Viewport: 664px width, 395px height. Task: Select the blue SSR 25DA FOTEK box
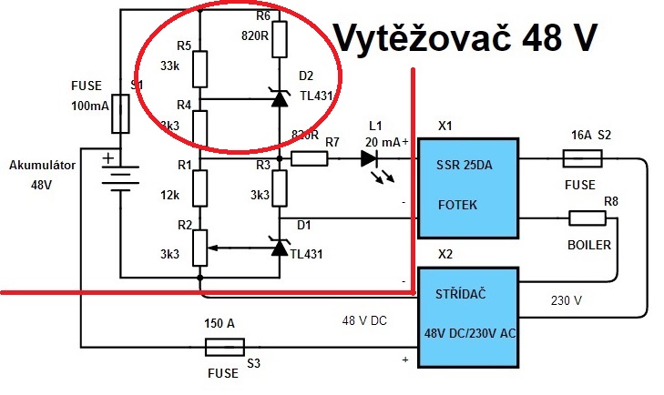pyautogui.click(x=468, y=187)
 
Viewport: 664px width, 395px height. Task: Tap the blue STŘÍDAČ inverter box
pyautogui.click(x=468, y=317)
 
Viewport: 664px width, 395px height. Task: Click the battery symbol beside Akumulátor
pyautogui.click(x=117, y=173)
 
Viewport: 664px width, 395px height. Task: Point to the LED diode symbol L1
pyautogui.click(x=370, y=157)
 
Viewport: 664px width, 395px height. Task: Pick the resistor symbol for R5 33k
pyautogui.click(x=199, y=66)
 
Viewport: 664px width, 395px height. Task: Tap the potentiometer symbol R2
pyautogui.click(x=199, y=244)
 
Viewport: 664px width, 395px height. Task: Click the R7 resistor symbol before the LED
pyautogui.click(x=310, y=158)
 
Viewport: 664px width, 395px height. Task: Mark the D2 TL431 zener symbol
pyautogui.click(x=279, y=98)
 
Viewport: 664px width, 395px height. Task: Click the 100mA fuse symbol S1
pyautogui.click(x=120, y=111)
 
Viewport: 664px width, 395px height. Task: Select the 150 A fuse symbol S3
pyautogui.click(x=223, y=347)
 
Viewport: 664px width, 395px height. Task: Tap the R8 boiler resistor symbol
pyautogui.click(x=587, y=218)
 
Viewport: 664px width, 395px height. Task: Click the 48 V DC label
pyautogui.click(x=365, y=320)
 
